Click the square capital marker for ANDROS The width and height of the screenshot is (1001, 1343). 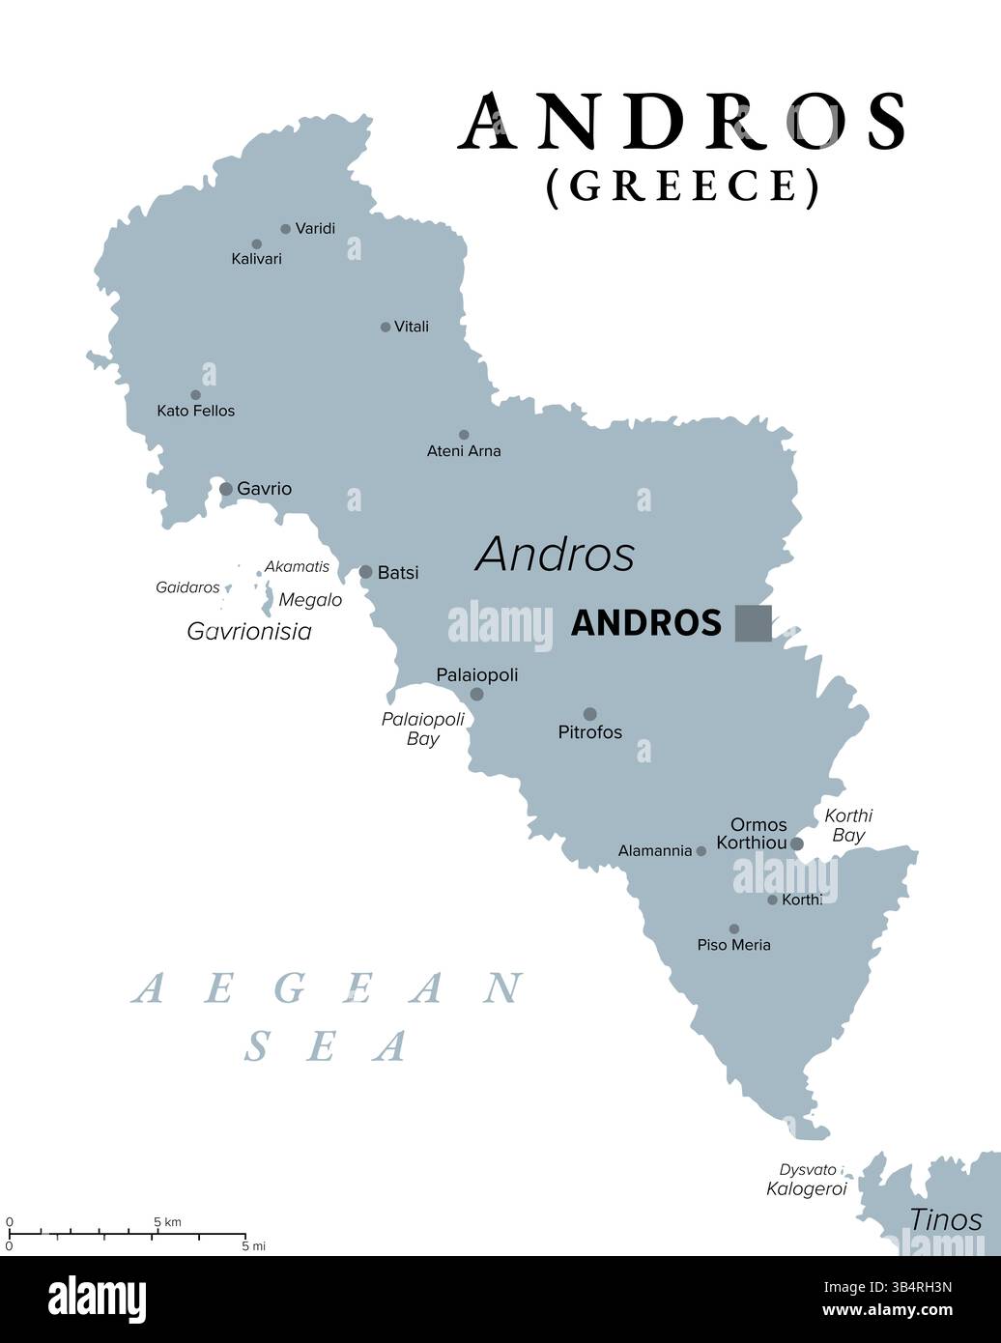point(753,622)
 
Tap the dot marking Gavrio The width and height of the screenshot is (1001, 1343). point(226,489)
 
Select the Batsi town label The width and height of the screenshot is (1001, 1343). point(398,573)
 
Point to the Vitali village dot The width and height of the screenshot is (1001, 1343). point(386,328)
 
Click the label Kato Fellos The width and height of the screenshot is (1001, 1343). point(195,411)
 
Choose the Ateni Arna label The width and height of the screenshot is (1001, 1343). point(464,450)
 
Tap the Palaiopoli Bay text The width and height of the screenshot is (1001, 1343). point(422,729)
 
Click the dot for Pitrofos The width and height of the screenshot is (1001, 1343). point(589,714)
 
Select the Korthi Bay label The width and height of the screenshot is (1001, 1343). point(848,825)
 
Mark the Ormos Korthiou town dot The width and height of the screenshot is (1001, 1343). point(796,843)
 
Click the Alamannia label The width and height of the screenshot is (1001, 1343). point(655,851)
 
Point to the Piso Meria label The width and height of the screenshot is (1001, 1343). point(733,945)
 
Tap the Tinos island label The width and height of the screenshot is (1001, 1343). point(946,1219)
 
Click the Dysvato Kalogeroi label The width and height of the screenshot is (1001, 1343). point(807,1180)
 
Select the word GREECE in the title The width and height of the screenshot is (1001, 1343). point(682,185)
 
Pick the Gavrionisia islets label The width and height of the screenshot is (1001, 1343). point(249,632)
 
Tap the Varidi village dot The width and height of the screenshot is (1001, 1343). point(285,229)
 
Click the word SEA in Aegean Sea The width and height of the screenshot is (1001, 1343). point(327,1046)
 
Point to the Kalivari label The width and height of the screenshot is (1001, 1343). point(256,259)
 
